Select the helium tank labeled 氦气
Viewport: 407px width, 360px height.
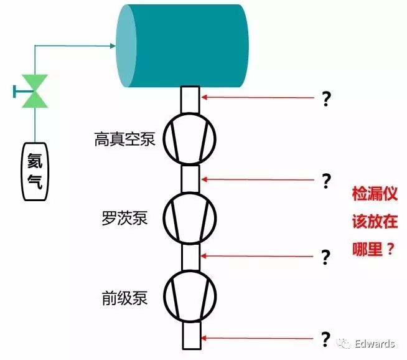[35, 171]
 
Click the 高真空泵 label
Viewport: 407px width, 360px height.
[124, 139]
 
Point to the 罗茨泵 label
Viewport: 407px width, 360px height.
[124, 219]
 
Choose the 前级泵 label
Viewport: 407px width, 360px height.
[125, 298]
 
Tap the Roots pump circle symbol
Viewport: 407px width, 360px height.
[190, 217]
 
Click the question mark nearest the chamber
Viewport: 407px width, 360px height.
[325, 98]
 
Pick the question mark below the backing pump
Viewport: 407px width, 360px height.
[325, 339]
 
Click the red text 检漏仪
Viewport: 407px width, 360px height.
[373, 194]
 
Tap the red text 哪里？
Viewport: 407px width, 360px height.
[373, 249]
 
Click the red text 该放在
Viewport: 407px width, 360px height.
[373, 222]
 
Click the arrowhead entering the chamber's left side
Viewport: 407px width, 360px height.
[113, 45]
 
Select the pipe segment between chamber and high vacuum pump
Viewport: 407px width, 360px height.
[190, 100]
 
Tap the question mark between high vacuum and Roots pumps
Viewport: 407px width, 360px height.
[325, 181]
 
